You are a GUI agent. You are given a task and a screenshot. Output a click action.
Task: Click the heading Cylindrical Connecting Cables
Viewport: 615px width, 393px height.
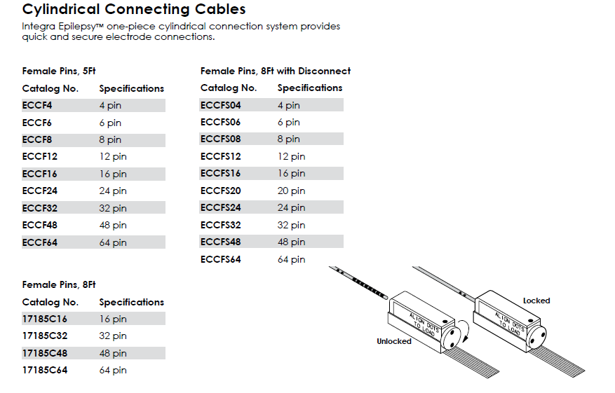pyautogui.click(x=134, y=10)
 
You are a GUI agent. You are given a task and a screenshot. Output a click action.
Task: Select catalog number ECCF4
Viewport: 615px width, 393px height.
pyautogui.click(x=37, y=105)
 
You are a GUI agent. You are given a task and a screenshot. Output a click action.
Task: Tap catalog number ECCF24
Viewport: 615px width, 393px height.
pyautogui.click(x=39, y=191)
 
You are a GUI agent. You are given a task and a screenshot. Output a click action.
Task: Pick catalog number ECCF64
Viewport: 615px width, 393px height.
pyautogui.click(x=39, y=242)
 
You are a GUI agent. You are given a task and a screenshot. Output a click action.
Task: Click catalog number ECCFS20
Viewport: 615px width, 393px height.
pyautogui.click(x=220, y=191)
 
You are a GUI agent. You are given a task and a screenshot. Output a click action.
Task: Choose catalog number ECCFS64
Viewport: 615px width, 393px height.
pyautogui.click(x=220, y=259)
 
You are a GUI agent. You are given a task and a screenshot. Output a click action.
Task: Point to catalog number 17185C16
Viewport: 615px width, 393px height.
pyautogui.click(x=45, y=319)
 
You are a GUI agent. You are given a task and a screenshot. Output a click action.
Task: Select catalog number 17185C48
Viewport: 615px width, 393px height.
pyautogui.click(x=45, y=353)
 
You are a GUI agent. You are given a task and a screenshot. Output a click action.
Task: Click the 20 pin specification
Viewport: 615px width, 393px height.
pyautogui.click(x=291, y=191)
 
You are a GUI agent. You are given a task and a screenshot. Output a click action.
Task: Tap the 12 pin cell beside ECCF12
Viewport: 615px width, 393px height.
pyautogui.click(x=113, y=156)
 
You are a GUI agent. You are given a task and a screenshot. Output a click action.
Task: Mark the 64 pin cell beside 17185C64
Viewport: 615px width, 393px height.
pyautogui.click(x=113, y=370)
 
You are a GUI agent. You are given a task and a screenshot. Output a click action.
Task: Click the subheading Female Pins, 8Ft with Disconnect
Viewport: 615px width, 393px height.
pyautogui.click(x=275, y=71)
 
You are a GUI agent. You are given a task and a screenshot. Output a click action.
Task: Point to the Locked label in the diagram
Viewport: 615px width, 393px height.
pyautogui.click(x=536, y=301)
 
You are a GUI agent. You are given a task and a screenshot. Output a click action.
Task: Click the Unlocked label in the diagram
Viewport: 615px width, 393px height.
pyautogui.click(x=393, y=341)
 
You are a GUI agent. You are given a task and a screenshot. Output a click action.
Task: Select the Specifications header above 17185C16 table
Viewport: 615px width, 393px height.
pyautogui.click(x=131, y=302)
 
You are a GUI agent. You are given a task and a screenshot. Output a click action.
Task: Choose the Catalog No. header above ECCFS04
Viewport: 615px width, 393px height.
pyautogui.click(x=229, y=88)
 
